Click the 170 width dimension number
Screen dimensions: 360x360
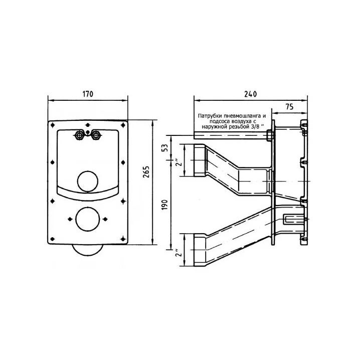tap(88, 94)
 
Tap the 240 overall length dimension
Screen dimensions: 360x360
tap(251, 94)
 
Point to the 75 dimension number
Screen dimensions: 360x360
tap(289, 106)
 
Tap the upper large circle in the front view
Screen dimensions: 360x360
tap(88, 182)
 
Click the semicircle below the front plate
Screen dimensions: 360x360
tap(88, 251)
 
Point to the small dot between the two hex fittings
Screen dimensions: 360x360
tap(88, 132)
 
